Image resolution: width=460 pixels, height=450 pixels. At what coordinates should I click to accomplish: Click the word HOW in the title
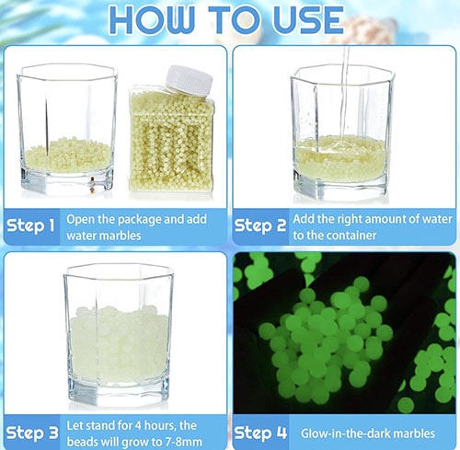tap(152, 19)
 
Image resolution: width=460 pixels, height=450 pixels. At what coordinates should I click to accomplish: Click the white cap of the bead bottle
tap(190, 80)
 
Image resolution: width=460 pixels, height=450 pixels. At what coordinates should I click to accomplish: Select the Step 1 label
tap(30, 225)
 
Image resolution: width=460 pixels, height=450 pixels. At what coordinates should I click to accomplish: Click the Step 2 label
tap(260, 225)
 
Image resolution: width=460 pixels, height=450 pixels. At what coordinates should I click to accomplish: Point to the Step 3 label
tap(32, 433)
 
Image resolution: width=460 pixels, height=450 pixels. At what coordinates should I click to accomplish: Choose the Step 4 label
tap(260, 433)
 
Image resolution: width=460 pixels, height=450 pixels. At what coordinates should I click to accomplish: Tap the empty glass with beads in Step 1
tap(67, 129)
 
